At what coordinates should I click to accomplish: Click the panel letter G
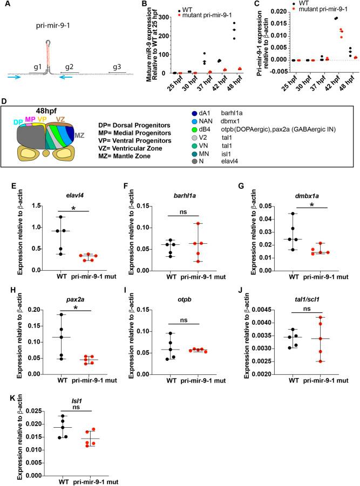pos(242,183)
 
